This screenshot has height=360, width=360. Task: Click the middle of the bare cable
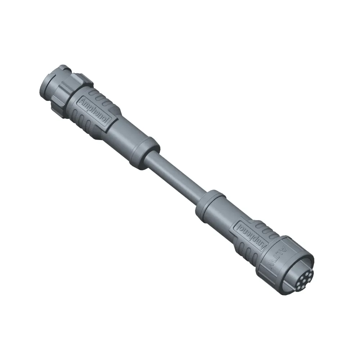pos(176,173)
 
